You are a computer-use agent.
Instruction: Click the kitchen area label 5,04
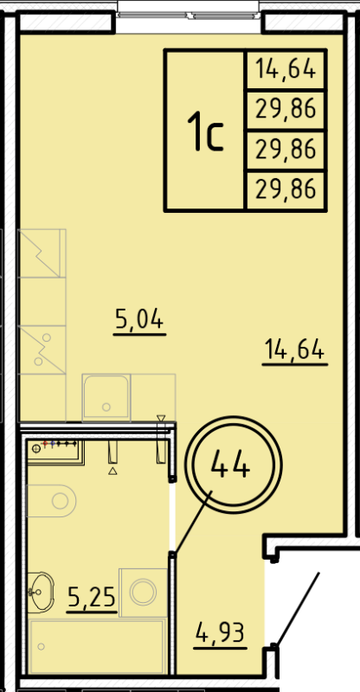pos(139,322)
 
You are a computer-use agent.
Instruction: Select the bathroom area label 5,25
pos(91,596)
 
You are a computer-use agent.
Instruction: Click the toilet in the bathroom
pos(54,499)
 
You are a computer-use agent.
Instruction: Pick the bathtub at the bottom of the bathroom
pos(96,646)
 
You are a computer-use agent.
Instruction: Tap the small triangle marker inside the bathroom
pos(112,472)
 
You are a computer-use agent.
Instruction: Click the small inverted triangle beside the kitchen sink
pos(160,419)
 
